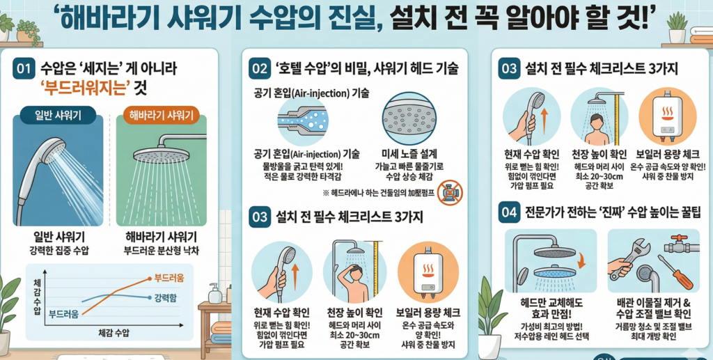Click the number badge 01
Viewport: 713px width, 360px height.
[24, 68]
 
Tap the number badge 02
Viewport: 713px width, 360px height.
[260, 68]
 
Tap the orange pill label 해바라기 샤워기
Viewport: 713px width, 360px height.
[161, 115]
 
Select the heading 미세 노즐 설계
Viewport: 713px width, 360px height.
[409, 154]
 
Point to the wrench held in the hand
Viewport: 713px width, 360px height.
[629, 261]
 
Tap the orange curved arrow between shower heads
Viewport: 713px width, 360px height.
[579, 260]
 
